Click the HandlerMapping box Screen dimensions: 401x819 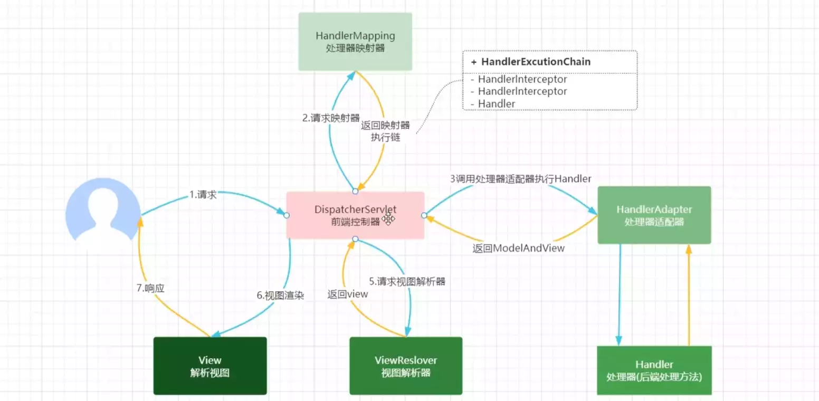tap(355, 42)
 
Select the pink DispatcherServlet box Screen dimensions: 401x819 tap(355, 215)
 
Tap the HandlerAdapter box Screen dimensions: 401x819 tap(654, 215)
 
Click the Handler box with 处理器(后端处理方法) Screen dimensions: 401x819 tap(654, 370)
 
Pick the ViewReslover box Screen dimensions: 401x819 tap(406, 366)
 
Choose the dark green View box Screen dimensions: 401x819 tap(209, 366)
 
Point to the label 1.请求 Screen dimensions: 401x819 tap(203, 195)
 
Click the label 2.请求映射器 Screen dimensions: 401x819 tap(331, 118)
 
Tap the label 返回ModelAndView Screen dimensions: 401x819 tap(518, 247)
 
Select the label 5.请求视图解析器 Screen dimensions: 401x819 tap(407, 281)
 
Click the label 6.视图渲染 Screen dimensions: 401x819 tap(281, 295)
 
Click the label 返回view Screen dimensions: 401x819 tap(347, 294)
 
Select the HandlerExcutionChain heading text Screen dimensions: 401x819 tap(536, 62)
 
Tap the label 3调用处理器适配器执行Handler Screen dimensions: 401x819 tap(520, 179)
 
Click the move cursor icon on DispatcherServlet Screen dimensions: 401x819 tap(389, 218)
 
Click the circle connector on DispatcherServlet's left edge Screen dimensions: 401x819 tap(287, 215)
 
